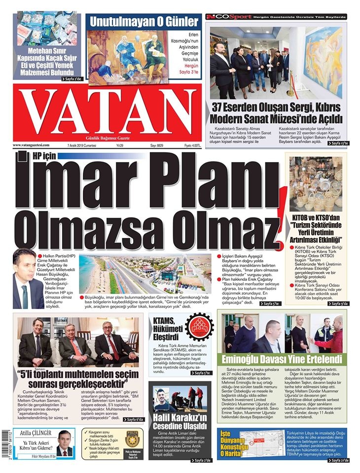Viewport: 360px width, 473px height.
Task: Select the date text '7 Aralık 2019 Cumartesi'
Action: (82, 146)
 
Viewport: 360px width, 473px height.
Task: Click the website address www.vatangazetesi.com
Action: (32, 145)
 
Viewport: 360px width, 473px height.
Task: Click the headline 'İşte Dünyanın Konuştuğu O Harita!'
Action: (236, 449)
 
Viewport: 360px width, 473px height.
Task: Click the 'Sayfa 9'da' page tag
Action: (337, 304)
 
